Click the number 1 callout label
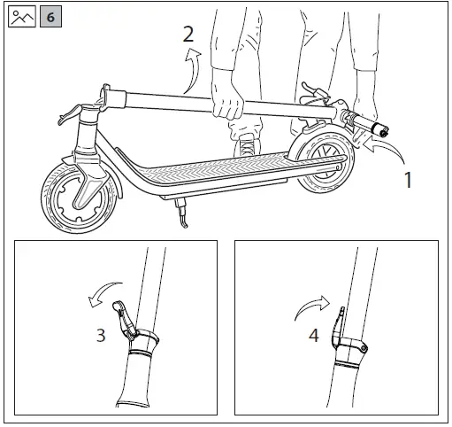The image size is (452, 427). pyautogui.click(x=408, y=181)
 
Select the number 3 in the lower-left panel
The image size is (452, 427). pyautogui.click(x=101, y=335)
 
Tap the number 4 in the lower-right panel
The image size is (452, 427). pyautogui.click(x=313, y=336)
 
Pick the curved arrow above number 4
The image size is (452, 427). pyautogui.click(x=310, y=307)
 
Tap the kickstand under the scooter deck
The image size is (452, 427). pyautogui.click(x=182, y=213)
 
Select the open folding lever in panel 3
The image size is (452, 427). pyautogui.click(x=125, y=320)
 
